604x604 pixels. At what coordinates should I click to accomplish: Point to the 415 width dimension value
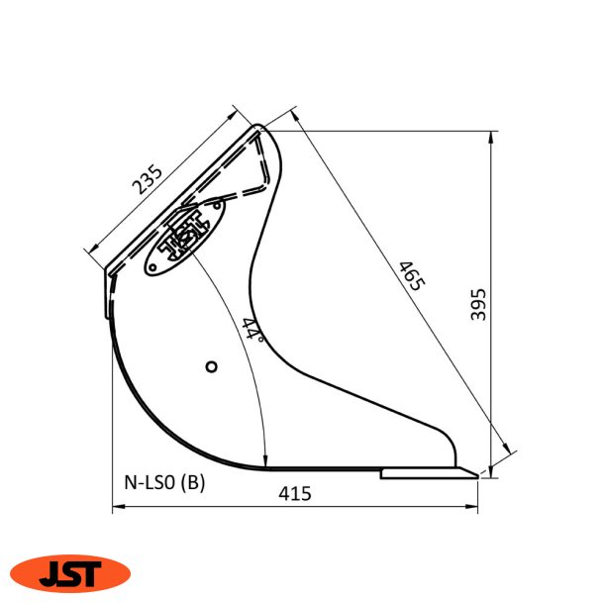coord(295,493)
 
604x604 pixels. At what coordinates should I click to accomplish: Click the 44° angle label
coord(252,329)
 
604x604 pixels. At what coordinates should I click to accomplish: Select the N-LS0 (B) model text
coord(164,482)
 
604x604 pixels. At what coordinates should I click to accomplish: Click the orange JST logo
coord(70,572)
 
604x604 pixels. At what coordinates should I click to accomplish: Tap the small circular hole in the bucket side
coord(211,367)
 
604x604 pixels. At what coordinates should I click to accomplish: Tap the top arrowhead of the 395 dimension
coord(492,134)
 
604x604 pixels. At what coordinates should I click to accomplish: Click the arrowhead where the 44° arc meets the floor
coord(266,461)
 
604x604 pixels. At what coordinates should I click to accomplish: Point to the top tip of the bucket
coord(260,127)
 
